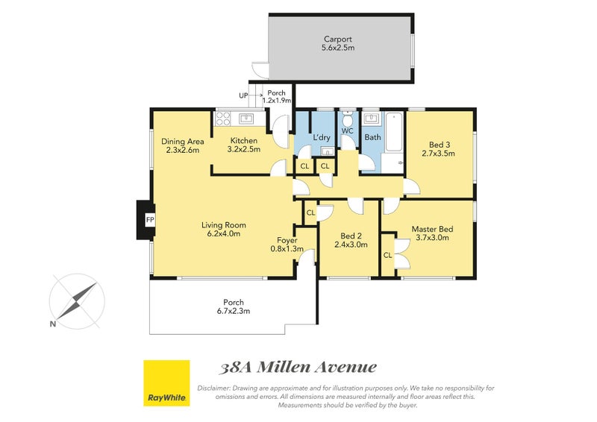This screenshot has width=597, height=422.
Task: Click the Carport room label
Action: (x=338, y=40)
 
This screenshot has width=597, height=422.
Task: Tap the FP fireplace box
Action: (x=150, y=220)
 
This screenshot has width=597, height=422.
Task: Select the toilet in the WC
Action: (x=347, y=119)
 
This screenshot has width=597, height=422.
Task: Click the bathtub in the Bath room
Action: (x=393, y=132)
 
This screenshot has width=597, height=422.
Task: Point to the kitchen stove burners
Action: (x=222, y=119)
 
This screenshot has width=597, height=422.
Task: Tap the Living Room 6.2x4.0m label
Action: (x=223, y=229)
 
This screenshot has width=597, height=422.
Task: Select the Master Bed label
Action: (x=432, y=229)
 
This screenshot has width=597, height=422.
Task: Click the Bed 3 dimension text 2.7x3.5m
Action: (x=438, y=154)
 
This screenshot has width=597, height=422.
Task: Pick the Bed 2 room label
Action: (x=351, y=236)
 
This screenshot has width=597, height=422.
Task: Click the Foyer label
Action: (x=287, y=241)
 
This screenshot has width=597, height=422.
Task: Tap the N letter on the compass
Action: (x=52, y=324)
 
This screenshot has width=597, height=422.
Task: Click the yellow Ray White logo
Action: (x=166, y=382)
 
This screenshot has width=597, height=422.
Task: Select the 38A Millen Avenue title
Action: (x=298, y=368)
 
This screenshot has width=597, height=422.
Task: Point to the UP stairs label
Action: (x=244, y=95)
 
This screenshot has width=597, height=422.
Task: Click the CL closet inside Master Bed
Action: (x=387, y=255)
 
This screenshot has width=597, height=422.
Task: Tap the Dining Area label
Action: (x=182, y=141)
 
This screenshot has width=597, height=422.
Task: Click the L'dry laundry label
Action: (x=322, y=137)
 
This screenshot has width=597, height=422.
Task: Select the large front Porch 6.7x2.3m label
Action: (x=234, y=306)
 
